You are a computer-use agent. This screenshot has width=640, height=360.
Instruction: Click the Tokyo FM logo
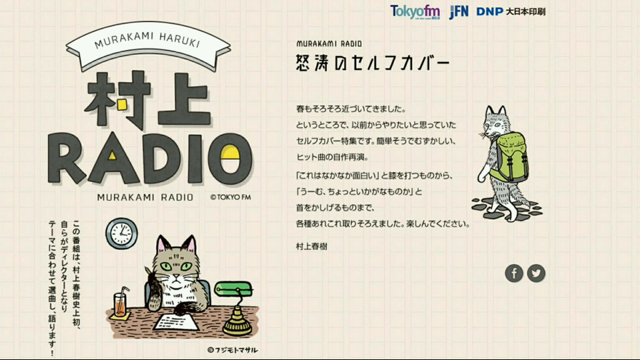(x=415, y=12)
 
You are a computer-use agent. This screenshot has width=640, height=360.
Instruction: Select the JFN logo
(x=459, y=12)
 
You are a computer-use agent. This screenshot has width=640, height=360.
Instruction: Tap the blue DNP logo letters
(x=490, y=12)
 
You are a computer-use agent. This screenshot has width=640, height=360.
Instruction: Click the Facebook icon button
(x=514, y=273)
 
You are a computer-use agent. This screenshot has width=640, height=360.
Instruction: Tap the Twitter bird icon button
(x=536, y=273)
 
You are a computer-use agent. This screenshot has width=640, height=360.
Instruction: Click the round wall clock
(x=121, y=233)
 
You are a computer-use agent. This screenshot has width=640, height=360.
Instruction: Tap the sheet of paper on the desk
(x=176, y=321)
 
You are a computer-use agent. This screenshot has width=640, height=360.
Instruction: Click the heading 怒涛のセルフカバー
(x=373, y=63)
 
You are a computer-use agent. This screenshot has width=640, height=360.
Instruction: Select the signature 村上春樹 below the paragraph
(x=311, y=246)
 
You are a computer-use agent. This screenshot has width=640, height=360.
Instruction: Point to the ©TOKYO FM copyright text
(x=231, y=197)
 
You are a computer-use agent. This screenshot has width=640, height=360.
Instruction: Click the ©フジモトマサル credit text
(x=232, y=350)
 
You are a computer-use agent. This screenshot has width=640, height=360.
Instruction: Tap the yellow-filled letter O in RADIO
(x=230, y=159)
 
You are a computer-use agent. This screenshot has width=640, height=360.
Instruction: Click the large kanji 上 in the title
(x=184, y=99)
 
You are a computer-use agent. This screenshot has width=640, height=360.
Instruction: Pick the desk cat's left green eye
(x=166, y=267)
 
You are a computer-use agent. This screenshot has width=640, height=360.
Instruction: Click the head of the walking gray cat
(x=495, y=121)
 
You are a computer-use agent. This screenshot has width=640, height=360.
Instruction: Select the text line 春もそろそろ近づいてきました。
(x=351, y=109)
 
